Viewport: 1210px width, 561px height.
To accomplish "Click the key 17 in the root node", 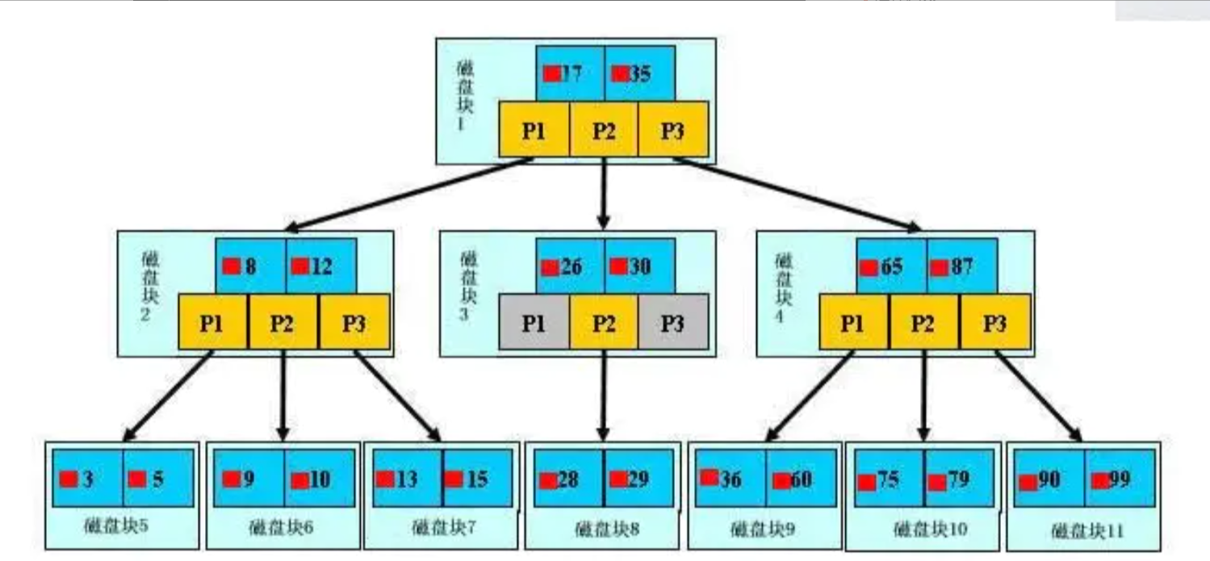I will [570, 73].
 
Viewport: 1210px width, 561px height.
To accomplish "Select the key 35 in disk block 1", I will [639, 73].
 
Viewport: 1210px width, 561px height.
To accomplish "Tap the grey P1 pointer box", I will [534, 321].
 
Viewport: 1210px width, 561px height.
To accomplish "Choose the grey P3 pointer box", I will [672, 321].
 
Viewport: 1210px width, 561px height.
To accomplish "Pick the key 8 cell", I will [250, 266].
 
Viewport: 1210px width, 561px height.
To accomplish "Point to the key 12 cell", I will [320, 266].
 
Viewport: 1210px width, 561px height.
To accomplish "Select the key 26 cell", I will [570, 266].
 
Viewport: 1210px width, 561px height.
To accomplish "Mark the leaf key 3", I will [87, 478].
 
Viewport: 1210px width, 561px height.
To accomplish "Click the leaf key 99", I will [1120, 478].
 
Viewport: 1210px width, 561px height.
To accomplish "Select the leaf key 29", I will [638, 478].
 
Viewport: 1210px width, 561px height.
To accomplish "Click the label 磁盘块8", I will [607, 530].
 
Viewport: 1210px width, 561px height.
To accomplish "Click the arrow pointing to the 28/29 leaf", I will [603, 396].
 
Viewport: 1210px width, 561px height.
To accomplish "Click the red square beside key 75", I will [867, 482].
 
